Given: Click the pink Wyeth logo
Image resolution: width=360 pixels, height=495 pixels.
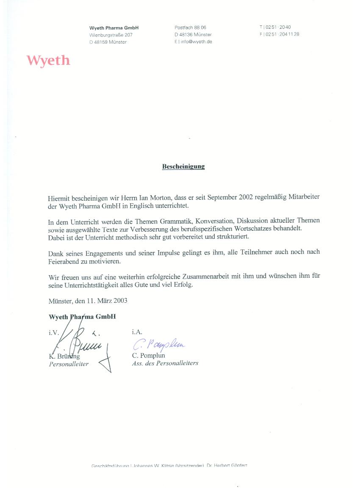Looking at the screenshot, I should coord(48,61).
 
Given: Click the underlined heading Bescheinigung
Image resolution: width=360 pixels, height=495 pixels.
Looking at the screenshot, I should coord(183,166).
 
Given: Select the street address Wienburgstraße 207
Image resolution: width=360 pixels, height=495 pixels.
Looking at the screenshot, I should coord(111,35).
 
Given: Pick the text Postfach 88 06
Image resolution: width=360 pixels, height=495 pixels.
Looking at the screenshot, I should coord(190,28).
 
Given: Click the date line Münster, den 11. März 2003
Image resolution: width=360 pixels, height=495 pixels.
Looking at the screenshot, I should coord(88,301).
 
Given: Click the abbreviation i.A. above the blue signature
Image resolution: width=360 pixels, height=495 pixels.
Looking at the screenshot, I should coord(137,332).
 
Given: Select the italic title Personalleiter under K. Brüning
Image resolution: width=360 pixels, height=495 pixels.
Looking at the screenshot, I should coord(69,364).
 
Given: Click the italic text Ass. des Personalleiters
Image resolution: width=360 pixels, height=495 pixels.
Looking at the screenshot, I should coord(165,363).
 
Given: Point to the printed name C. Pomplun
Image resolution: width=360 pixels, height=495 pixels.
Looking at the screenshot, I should coord(148,356).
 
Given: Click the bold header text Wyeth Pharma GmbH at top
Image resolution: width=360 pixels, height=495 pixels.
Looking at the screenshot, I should coord(114,28).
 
